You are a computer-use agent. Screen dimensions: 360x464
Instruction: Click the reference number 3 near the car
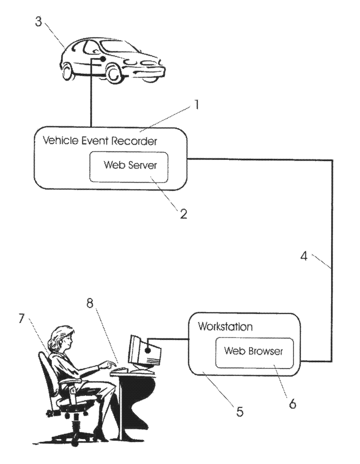39,21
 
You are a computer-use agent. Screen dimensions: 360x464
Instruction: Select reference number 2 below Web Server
183,214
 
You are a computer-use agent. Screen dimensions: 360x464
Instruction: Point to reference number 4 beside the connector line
304,256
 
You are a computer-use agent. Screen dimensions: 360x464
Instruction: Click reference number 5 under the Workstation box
240,411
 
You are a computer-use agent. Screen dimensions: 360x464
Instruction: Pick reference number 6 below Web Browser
292,403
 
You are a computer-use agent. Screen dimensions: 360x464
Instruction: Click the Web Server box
129,167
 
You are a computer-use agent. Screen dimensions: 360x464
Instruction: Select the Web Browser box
254,353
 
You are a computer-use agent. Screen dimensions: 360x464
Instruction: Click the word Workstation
225,326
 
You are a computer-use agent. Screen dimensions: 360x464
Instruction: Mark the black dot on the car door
103,59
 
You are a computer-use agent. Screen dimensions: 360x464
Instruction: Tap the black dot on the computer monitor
148,350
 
